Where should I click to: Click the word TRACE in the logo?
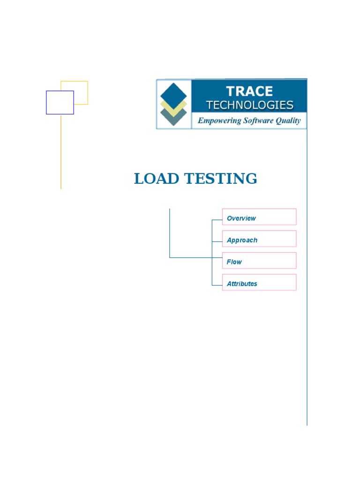pos(249,91)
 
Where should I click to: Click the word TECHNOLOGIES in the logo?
pos(250,105)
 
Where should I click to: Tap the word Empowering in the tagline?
pos(219,120)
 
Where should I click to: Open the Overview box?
pos(259,217)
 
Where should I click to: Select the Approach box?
pos(259,239)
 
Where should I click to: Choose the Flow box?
pos(259,261)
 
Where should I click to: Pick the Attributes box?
pos(259,282)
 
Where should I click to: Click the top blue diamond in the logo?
pos(173,93)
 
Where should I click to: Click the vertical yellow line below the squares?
pos(61,155)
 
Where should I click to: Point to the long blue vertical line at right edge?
pos(307,281)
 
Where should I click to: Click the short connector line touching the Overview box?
pos(217,219)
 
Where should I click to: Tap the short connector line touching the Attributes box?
pos(217,285)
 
